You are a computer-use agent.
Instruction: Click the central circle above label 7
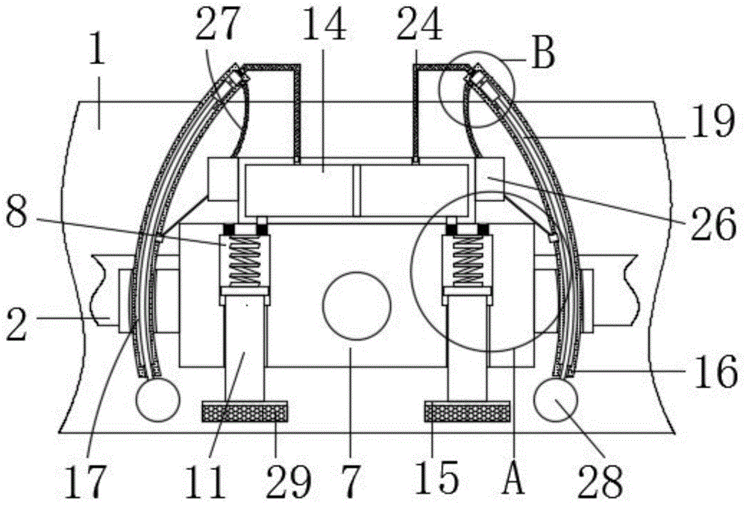(x=357, y=307)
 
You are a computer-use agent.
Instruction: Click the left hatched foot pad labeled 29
(x=245, y=411)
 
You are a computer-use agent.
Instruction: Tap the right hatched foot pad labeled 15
(x=467, y=411)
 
